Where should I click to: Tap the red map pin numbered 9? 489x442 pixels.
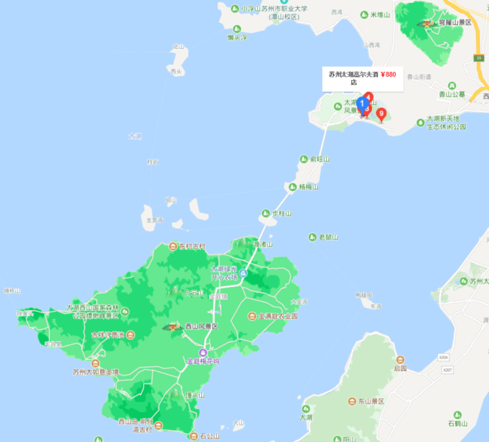[x=381, y=113]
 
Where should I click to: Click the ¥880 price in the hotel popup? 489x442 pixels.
[x=388, y=74]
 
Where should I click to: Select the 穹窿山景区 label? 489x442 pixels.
[x=456, y=23]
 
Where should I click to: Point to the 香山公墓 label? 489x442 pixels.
[x=451, y=94]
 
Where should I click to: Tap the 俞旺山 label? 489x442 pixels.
[x=320, y=159]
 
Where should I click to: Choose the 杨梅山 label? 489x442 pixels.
[x=307, y=187]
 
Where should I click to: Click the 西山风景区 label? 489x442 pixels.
[x=201, y=326]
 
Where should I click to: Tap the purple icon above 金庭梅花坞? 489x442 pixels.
[x=203, y=352]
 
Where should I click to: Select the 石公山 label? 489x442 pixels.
[x=209, y=436]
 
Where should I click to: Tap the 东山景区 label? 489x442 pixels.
[x=375, y=401]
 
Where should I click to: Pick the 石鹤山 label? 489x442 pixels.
[x=460, y=423]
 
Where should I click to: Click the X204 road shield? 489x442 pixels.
[x=444, y=357]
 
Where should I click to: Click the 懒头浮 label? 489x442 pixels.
[x=239, y=37]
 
